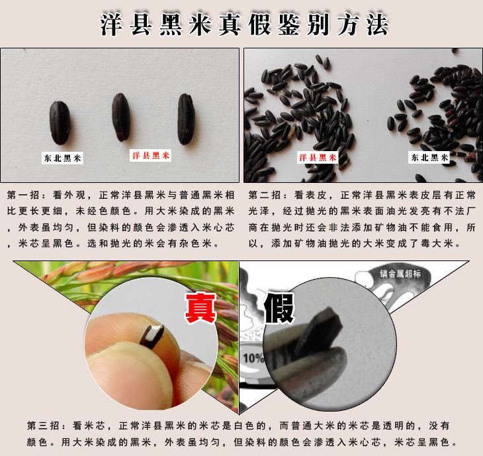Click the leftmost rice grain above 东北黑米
60,123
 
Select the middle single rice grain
120,117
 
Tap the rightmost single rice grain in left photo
186,119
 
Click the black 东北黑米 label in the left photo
62,158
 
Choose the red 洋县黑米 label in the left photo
150,155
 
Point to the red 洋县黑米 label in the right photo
318,158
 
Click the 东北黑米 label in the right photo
429,158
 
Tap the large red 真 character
200,308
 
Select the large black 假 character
279,308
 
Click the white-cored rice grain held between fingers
152,337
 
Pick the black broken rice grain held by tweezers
319,333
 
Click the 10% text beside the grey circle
253,358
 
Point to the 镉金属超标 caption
400,274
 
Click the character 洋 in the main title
111,25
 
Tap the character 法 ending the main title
377,25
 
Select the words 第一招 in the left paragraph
23,195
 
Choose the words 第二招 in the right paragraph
265,195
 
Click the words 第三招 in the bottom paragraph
43,426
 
